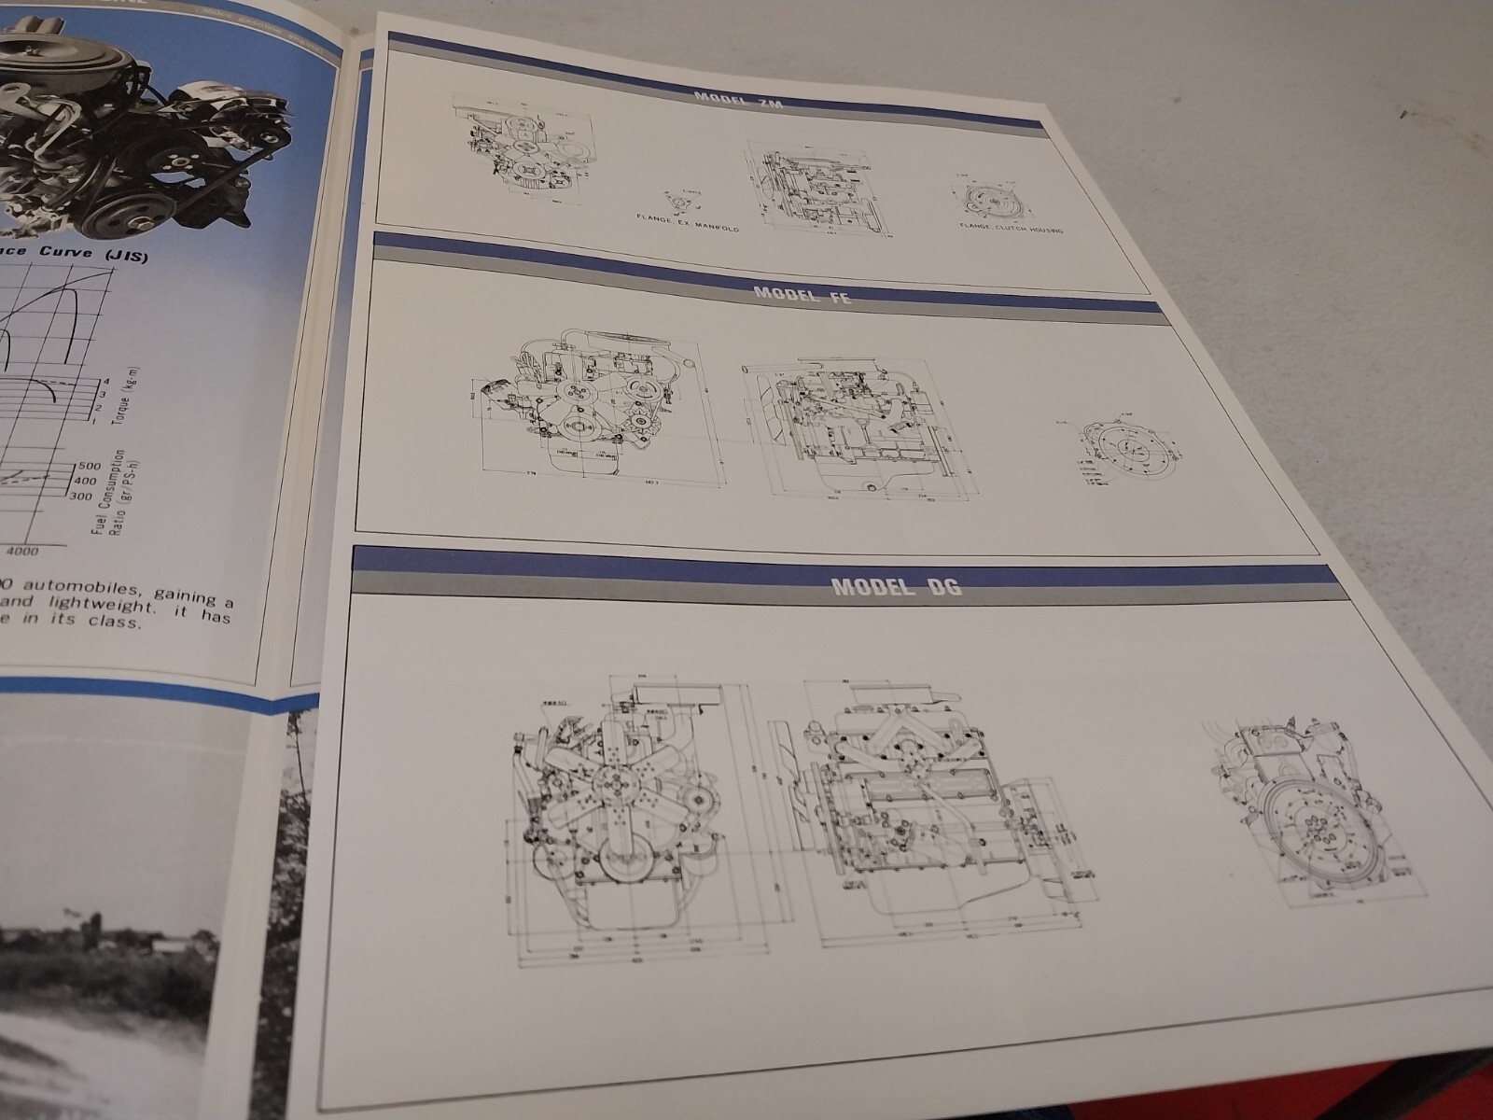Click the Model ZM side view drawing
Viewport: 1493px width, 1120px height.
[x=809, y=187]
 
